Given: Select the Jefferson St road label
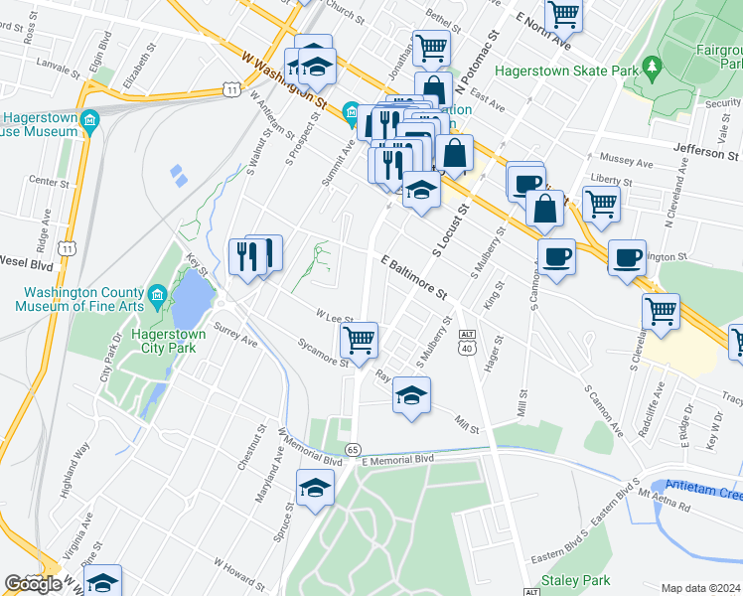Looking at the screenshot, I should [x=706, y=155].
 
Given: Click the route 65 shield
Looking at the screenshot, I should [x=353, y=450].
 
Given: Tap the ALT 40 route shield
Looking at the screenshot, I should [x=467, y=343].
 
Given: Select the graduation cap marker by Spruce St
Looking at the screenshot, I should [x=315, y=488].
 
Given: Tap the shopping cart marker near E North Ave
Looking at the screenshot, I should [x=563, y=14].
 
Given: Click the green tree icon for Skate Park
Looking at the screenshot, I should [x=653, y=69].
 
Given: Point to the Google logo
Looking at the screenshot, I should [x=33, y=584].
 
